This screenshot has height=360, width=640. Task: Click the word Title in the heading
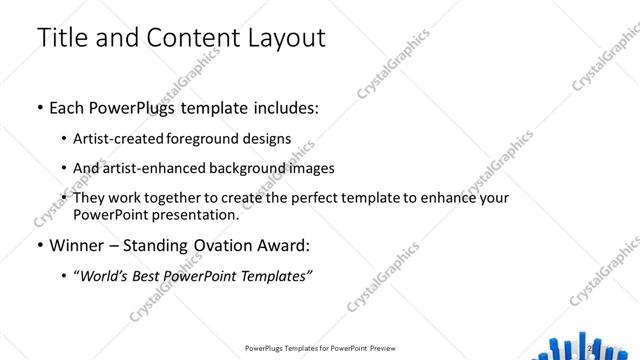pyautogui.click(x=65, y=39)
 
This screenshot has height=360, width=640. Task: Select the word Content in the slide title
pyautogui.click(x=185, y=39)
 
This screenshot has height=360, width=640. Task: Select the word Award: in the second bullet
pyautogui.click(x=282, y=245)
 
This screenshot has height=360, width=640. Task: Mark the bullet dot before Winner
pyautogui.click(x=39, y=246)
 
